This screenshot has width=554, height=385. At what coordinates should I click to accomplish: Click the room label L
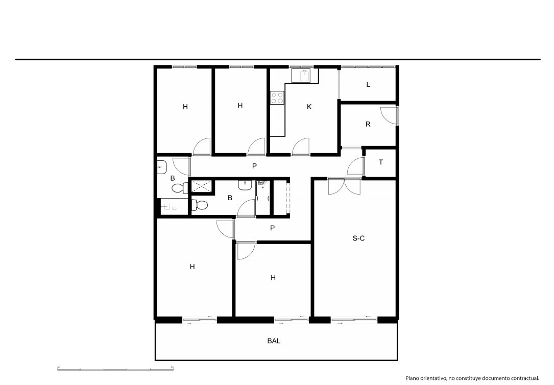click(368, 84)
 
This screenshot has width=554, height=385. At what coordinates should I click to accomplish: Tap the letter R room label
click(368, 124)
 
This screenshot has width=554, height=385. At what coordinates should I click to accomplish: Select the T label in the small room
click(380, 162)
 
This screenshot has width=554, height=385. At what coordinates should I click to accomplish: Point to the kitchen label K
click(309, 107)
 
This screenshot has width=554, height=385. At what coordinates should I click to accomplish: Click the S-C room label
click(358, 238)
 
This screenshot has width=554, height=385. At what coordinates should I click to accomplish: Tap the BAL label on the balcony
click(274, 341)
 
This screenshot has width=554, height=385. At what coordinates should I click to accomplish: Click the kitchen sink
click(301, 76)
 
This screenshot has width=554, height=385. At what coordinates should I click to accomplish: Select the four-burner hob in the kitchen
click(277, 98)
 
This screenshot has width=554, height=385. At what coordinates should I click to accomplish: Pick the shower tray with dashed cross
click(202, 186)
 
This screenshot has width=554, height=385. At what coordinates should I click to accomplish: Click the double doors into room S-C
click(345, 187)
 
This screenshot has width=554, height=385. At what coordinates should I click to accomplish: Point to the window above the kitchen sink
click(302, 67)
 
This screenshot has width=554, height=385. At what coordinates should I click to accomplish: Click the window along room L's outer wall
click(368, 67)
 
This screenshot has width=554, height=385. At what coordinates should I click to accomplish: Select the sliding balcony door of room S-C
click(354, 320)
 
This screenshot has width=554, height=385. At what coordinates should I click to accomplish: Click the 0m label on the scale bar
click(59, 367)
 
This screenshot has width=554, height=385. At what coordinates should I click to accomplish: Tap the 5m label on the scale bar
click(172, 367)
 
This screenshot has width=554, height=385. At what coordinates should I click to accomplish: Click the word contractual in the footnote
click(526, 378)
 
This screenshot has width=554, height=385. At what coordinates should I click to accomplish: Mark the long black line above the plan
click(278, 59)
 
